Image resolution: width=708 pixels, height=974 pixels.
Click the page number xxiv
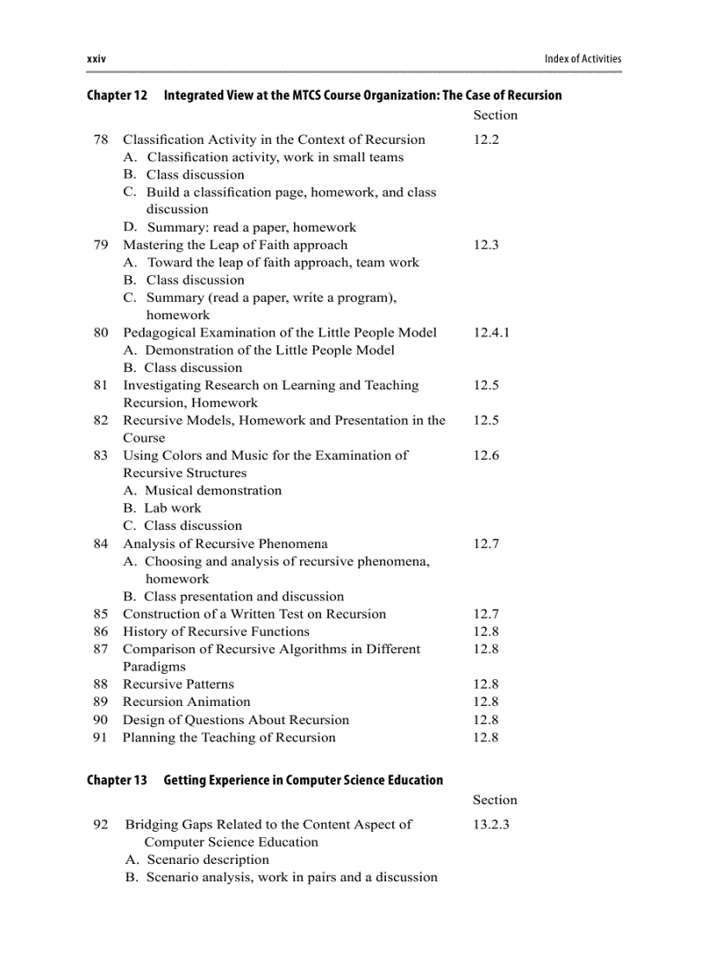click(96, 59)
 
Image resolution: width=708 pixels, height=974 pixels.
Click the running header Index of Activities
click(582, 59)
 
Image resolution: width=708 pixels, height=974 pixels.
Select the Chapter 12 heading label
click(117, 95)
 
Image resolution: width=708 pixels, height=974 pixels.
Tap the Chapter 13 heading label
click(117, 781)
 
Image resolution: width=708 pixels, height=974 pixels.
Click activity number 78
click(101, 140)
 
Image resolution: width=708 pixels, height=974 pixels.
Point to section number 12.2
click(486, 140)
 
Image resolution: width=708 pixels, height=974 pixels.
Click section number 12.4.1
click(491, 333)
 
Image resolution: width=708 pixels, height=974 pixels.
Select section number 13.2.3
click(491, 825)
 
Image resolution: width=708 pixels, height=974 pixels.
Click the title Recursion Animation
click(187, 703)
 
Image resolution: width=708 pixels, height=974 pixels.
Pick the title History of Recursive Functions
click(216, 632)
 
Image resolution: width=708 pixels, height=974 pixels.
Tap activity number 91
click(101, 738)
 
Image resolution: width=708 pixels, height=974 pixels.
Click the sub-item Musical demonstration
click(213, 491)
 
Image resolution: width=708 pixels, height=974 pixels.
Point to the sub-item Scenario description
click(207, 860)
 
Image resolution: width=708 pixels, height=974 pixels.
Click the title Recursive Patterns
click(178, 684)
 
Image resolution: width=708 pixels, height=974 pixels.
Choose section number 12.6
click(486, 456)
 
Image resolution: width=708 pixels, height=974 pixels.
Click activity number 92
click(101, 825)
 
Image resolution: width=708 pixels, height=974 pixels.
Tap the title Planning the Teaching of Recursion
click(228, 738)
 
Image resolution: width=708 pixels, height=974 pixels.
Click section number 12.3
click(486, 245)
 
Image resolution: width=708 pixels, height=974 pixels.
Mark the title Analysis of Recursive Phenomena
click(226, 544)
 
